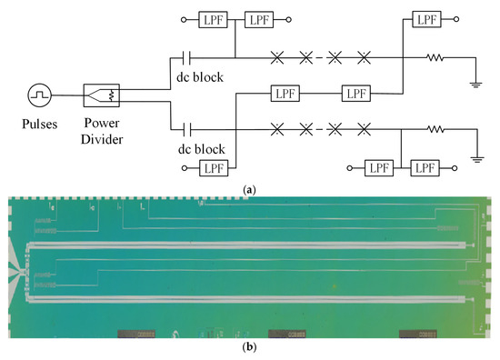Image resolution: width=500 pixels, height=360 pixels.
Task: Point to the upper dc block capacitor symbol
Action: click(186, 56)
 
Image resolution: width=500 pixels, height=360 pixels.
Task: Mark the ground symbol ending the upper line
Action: click(475, 84)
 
